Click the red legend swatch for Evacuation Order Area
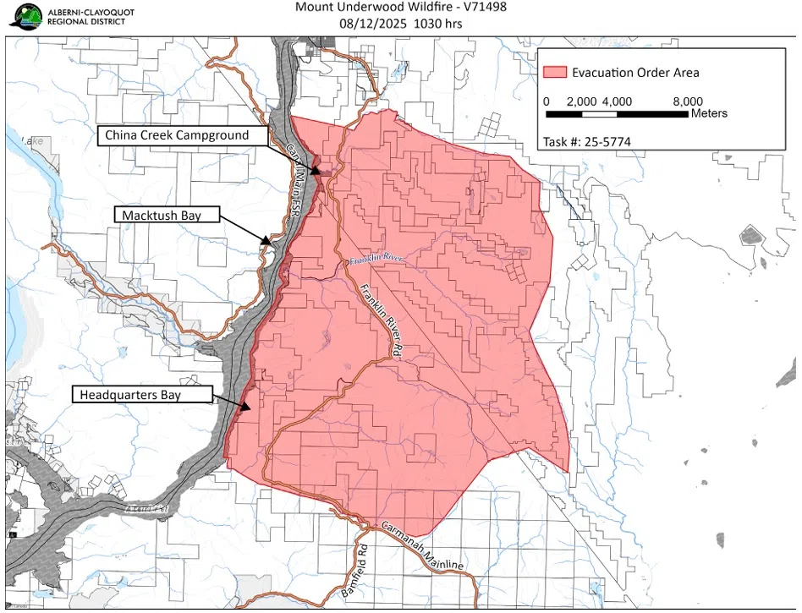554,73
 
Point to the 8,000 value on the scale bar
688,101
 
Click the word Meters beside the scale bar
709,113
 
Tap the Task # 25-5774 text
587,141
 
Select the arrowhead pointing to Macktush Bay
265,241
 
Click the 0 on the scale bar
547,101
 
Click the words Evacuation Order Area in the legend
635,73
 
